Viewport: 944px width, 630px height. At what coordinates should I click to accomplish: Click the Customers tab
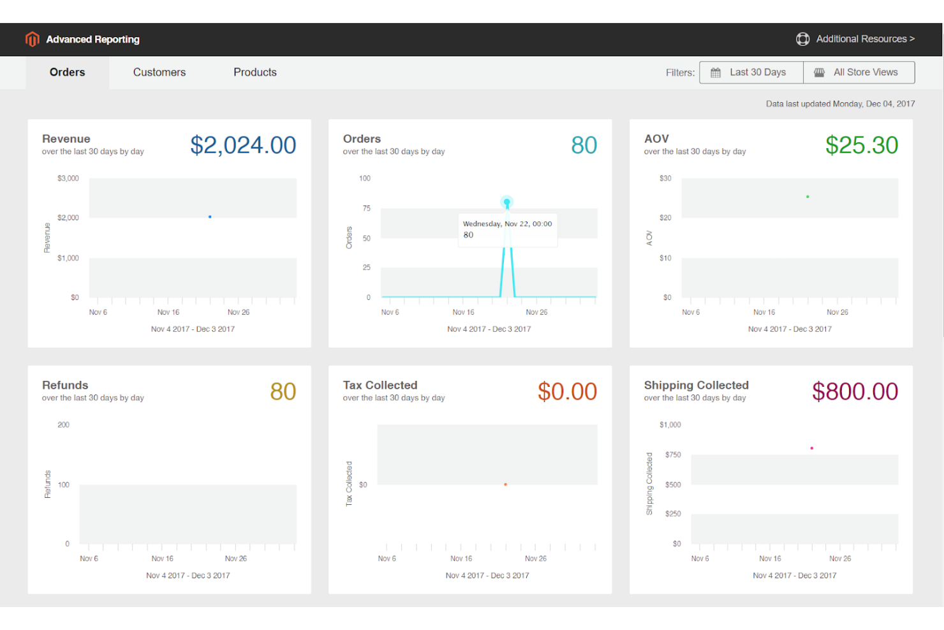(x=159, y=72)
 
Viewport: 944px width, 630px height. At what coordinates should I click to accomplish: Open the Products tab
(x=254, y=72)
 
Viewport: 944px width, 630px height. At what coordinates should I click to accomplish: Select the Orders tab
(x=67, y=72)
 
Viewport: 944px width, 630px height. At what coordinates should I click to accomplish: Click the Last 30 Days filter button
(x=751, y=72)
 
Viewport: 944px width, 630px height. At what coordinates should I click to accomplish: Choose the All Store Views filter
(x=859, y=72)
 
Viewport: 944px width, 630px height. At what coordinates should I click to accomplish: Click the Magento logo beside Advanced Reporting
(x=33, y=39)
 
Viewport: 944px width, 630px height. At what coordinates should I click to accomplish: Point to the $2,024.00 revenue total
(x=243, y=146)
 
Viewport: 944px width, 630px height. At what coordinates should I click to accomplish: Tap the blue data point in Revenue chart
(x=210, y=217)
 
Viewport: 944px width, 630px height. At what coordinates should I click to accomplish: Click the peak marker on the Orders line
(x=506, y=202)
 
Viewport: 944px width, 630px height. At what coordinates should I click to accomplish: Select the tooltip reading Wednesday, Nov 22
(x=507, y=230)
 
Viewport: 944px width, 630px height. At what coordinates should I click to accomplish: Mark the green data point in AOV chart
(x=808, y=197)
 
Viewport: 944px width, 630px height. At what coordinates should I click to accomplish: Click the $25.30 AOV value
(x=861, y=146)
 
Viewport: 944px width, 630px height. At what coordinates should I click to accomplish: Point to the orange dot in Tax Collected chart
(x=505, y=484)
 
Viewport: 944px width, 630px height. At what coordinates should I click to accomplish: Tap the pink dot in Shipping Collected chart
(x=811, y=448)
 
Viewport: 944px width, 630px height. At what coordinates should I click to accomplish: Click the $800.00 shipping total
(x=855, y=392)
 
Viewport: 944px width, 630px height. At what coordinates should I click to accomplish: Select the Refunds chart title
(x=65, y=386)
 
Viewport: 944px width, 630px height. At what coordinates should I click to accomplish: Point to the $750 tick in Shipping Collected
(x=673, y=454)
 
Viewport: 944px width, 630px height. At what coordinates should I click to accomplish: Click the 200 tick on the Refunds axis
(x=63, y=424)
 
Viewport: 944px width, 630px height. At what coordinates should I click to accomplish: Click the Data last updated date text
(x=840, y=103)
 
